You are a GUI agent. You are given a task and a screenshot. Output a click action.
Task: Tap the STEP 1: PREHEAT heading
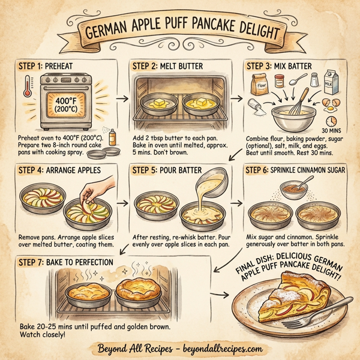49,65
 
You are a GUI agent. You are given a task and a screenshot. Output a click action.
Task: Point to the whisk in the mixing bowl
301,102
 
